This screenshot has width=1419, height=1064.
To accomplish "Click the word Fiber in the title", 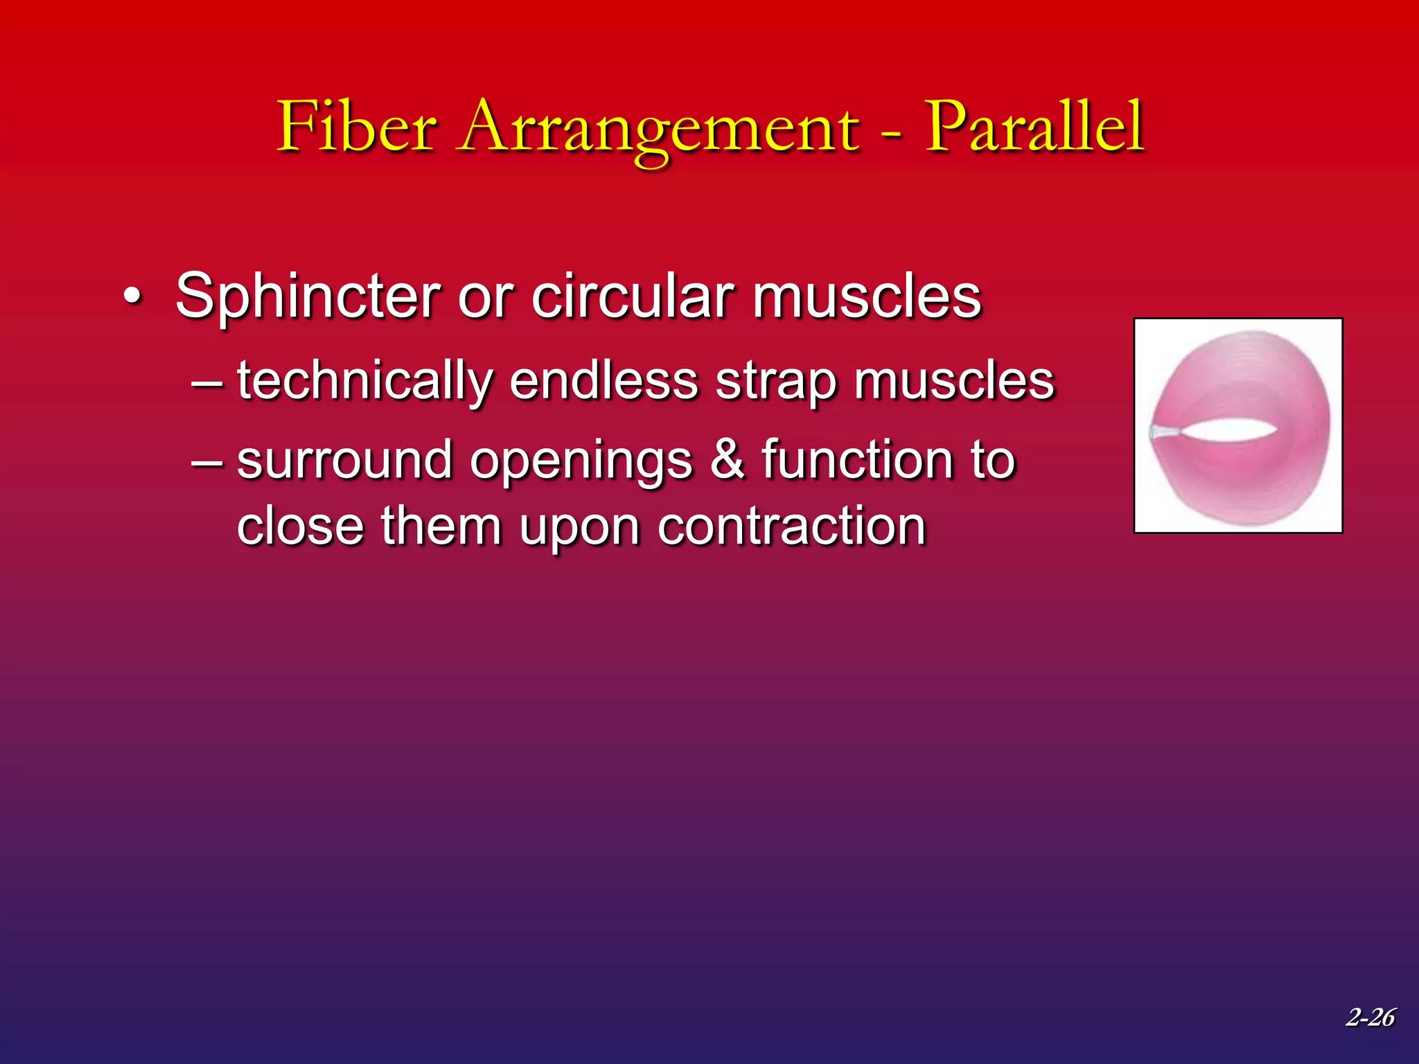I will coord(357,128).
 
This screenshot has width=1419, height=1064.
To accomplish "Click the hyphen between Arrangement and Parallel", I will coord(893,132).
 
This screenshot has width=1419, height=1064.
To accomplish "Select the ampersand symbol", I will coord(727,461).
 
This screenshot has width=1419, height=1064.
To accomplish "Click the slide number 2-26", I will coord(1370,1017).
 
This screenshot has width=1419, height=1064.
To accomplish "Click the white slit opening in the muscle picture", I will coord(1230,430).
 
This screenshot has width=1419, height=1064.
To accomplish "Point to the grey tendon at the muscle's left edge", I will coord(1163,432).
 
